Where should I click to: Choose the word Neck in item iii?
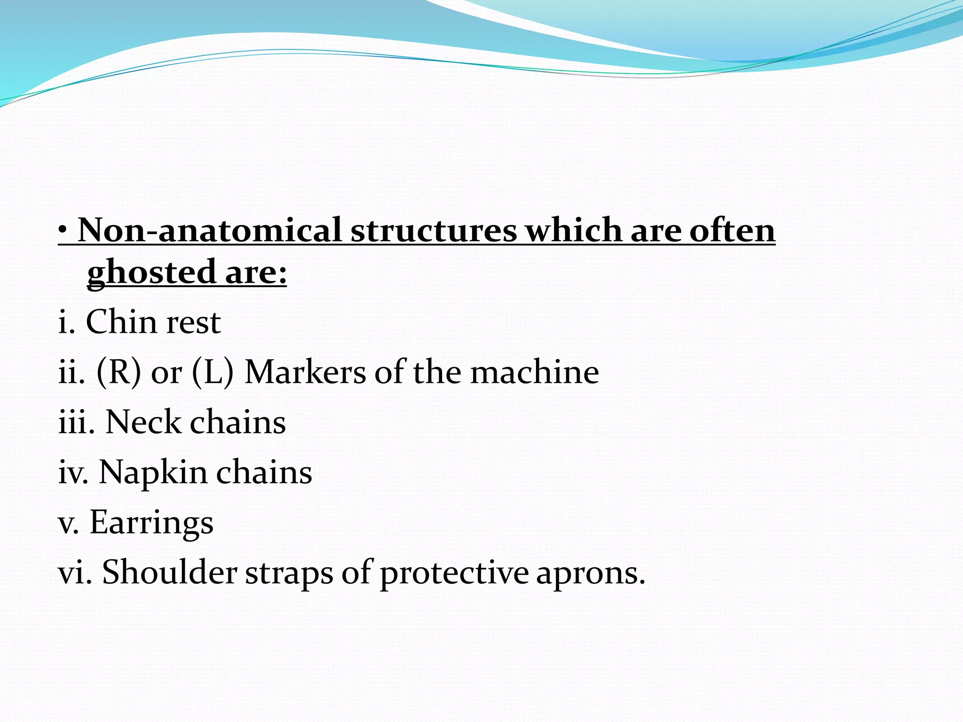pyautogui.click(x=143, y=422)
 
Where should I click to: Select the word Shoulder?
pyautogui.click(x=169, y=573)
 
